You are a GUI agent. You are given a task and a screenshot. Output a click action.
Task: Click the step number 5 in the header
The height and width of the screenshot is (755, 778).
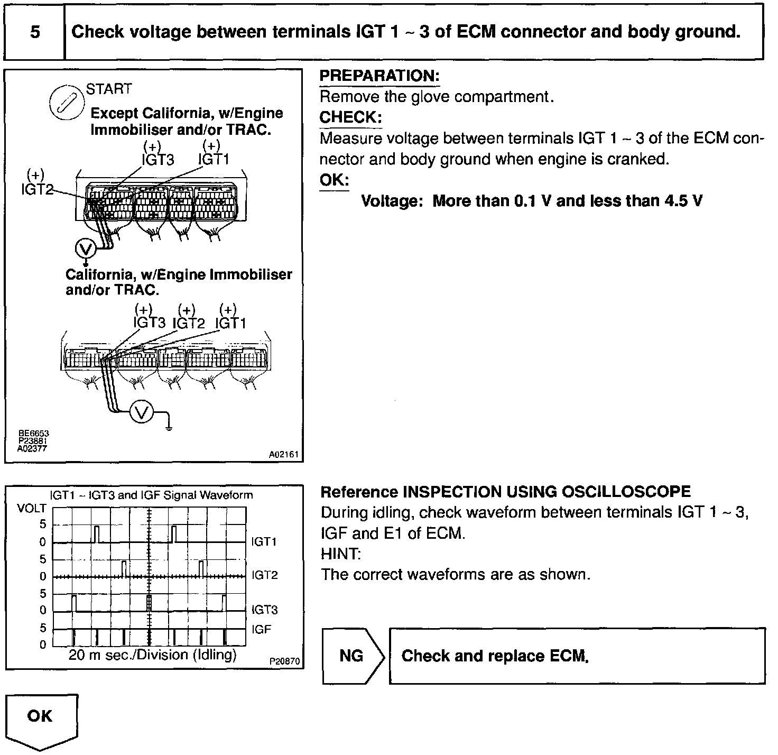click(x=35, y=32)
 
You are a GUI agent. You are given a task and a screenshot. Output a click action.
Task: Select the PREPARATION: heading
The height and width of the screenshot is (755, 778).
click(x=379, y=76)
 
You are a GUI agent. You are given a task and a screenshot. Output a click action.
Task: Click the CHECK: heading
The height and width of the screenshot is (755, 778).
click(x=350, y=117)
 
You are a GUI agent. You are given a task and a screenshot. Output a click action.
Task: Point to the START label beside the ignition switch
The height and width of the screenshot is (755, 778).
click(x=109, y=89)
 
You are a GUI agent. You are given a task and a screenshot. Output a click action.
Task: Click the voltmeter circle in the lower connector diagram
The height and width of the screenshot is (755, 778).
click(x=142, y=412)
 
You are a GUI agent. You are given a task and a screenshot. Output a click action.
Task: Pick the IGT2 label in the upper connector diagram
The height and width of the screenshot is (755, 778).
click(x=37, y=189)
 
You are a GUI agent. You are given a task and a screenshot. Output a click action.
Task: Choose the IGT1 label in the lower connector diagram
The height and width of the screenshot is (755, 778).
click(x=231, y=323)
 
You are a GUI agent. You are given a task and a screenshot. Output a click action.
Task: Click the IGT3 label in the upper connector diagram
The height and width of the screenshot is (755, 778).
click(x=158, y=160)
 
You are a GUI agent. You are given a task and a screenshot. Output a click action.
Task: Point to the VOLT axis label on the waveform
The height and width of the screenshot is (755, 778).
click(x=32, y=509)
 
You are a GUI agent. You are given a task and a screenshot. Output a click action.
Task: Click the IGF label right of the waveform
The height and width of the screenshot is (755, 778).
click(x=262, y=629)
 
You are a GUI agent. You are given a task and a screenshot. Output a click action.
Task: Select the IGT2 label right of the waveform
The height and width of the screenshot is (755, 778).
click(x=265, y=575)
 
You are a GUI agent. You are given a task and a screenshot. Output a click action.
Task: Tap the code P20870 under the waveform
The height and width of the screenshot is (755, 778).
click(x=284, y=661)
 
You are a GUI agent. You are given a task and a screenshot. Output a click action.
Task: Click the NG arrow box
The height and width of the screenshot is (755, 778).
click(x=352, y=656)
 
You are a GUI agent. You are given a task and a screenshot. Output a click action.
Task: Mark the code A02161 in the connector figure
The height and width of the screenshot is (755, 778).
click(x=284, y=454)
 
